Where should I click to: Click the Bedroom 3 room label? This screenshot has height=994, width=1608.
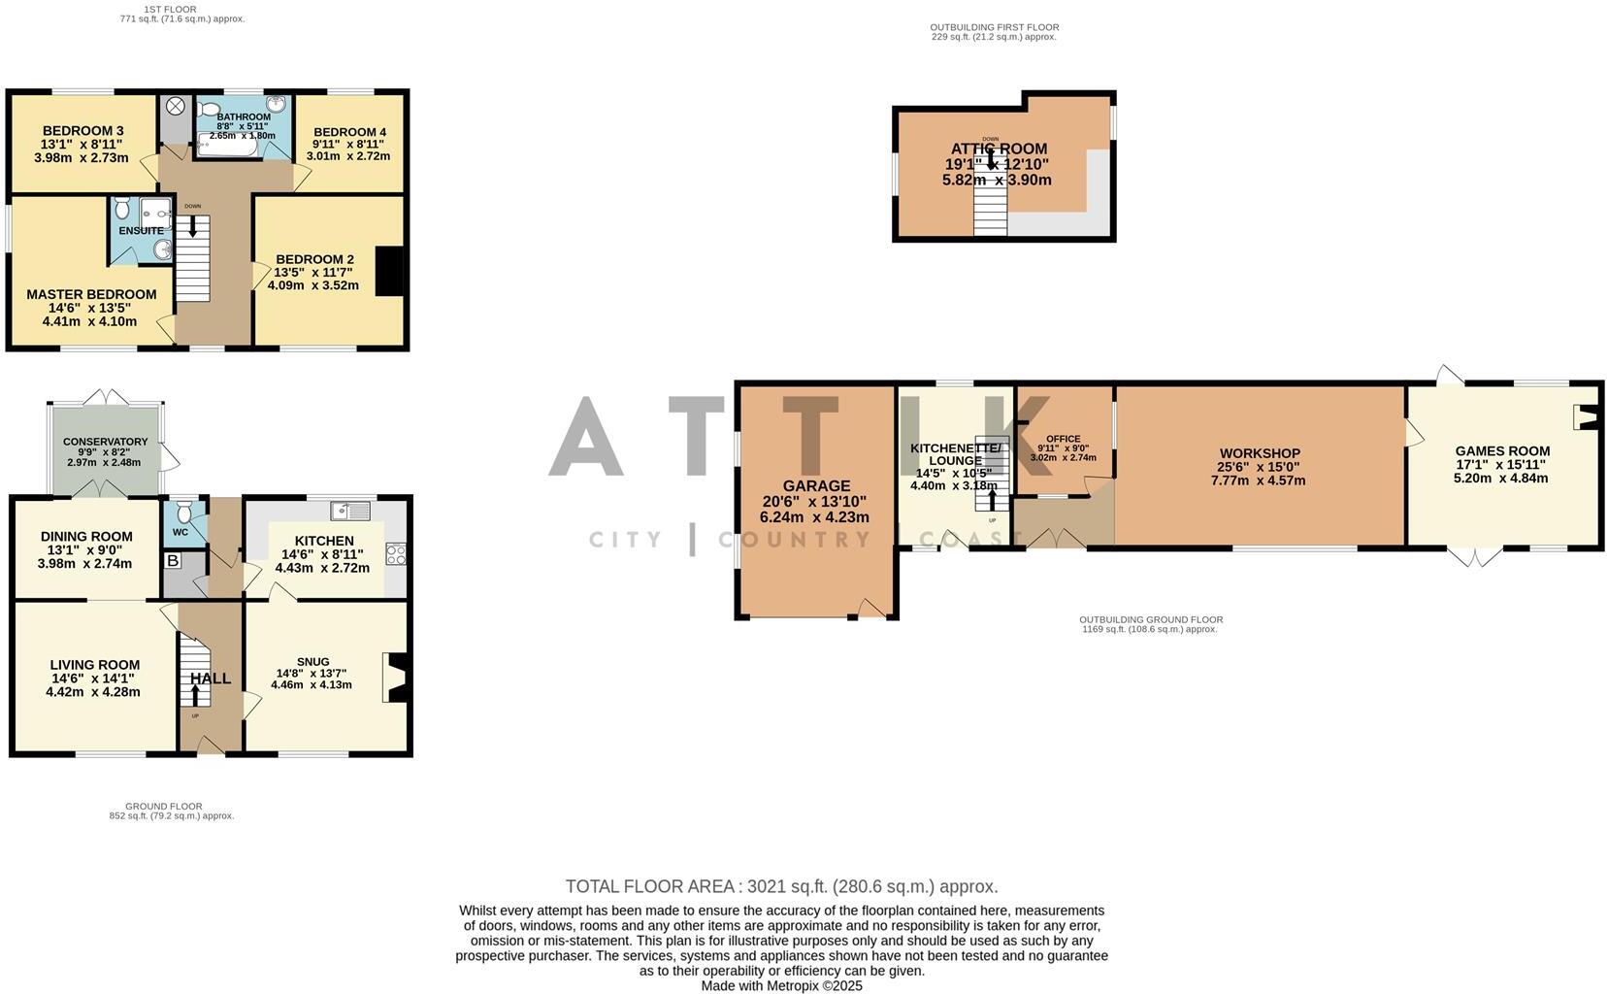(82, 131)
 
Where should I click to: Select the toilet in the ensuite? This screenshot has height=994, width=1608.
(122, 209)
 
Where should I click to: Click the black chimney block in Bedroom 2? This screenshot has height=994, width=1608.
(389, 271)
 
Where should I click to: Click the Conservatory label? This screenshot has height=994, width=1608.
(105, 442)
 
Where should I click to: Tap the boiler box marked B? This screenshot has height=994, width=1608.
(173, 561)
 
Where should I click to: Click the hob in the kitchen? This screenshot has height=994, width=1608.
(396, 554)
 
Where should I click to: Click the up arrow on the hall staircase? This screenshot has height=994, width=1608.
(195, 693)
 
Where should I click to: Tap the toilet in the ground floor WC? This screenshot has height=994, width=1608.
(185, 512)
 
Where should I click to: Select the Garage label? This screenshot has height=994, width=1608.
(816, 486)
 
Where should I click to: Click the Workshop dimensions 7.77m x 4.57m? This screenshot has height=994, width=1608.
(1258, 480)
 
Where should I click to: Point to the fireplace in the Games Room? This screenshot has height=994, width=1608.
(1585, 417)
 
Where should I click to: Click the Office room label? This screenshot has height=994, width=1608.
(1063, 439)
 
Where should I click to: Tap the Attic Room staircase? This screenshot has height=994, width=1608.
(991, 204)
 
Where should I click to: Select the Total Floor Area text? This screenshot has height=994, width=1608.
(781, 886)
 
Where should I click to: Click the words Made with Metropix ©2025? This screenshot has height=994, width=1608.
(781, 985)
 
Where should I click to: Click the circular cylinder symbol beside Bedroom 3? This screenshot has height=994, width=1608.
(177, 107)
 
